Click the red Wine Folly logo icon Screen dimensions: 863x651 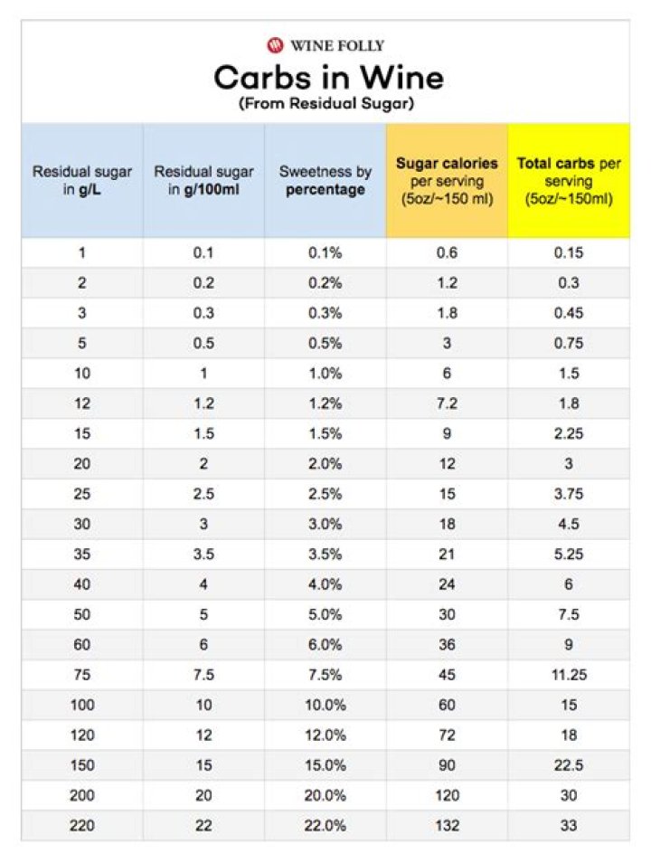click(x=275, y=44)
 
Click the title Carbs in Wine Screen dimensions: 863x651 click(x=328, y=78)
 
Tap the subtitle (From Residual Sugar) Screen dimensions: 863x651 click(x=326, y=104)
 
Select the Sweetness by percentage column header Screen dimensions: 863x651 click(x=325, y=180)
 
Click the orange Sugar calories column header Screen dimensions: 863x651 click(x=447, y=180)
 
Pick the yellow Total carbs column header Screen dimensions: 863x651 click(x=569, y=180)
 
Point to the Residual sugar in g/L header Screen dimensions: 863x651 click(x=82, y=180)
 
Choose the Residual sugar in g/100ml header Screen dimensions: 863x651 click(x=203, y=180)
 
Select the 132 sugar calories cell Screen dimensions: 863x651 click(x=447, y=826)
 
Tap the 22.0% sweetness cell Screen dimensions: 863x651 click(x=325, y=826)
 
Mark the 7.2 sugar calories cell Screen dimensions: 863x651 click(x=447, y=403)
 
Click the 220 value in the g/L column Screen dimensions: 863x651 click(x=82, y=826)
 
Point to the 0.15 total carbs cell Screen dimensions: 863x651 click(x=569, y=253)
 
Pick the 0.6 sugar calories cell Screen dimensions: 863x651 click(x=447, y=253)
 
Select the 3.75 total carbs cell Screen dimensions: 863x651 click(x=569, y=494)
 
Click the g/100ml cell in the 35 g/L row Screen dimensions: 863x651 click(x=203, y=555)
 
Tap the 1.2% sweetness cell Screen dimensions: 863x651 click(x=325, y=403)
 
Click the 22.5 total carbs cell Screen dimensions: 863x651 click(x=569, y=765)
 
